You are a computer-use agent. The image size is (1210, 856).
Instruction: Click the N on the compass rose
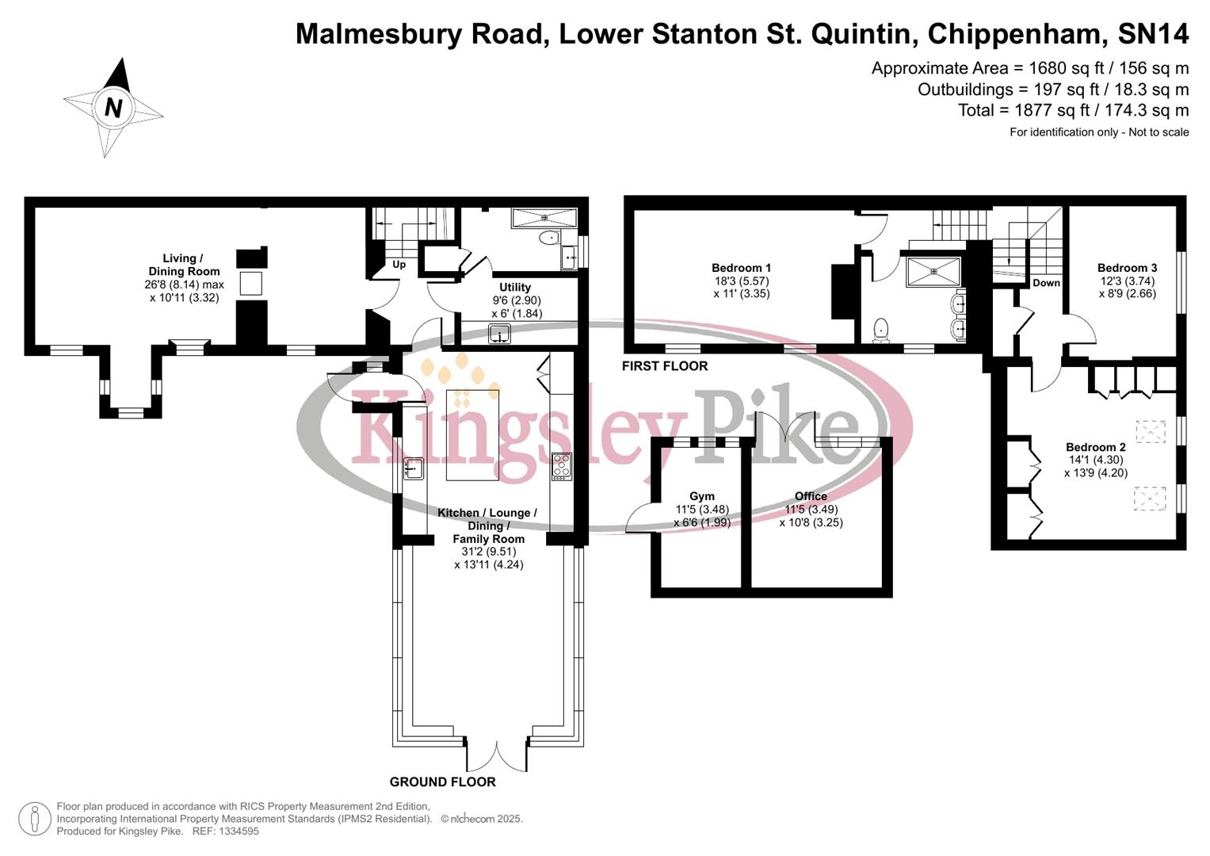113,107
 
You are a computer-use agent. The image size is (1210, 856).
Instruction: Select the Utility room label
515,287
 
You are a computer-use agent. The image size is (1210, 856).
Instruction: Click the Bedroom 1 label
741,268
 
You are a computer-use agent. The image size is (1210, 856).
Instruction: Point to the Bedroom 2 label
1095,447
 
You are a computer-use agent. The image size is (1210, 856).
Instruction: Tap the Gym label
701,496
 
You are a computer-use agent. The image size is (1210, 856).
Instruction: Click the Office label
811,496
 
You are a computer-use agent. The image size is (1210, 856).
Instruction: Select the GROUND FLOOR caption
442,781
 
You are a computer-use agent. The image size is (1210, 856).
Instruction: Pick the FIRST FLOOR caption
665,365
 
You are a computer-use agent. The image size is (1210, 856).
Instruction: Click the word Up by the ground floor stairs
399,265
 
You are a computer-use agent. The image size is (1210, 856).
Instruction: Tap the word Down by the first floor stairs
1046,283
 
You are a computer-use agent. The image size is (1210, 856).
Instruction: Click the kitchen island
472,434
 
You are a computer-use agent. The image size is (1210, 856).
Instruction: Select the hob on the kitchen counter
561,466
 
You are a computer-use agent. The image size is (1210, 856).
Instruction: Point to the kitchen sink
413,468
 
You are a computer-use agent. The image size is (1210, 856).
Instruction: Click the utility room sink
499,334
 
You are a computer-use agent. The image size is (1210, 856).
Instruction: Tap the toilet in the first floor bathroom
880,330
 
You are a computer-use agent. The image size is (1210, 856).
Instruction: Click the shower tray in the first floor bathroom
933,272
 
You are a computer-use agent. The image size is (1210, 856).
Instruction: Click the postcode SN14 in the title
1153,34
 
